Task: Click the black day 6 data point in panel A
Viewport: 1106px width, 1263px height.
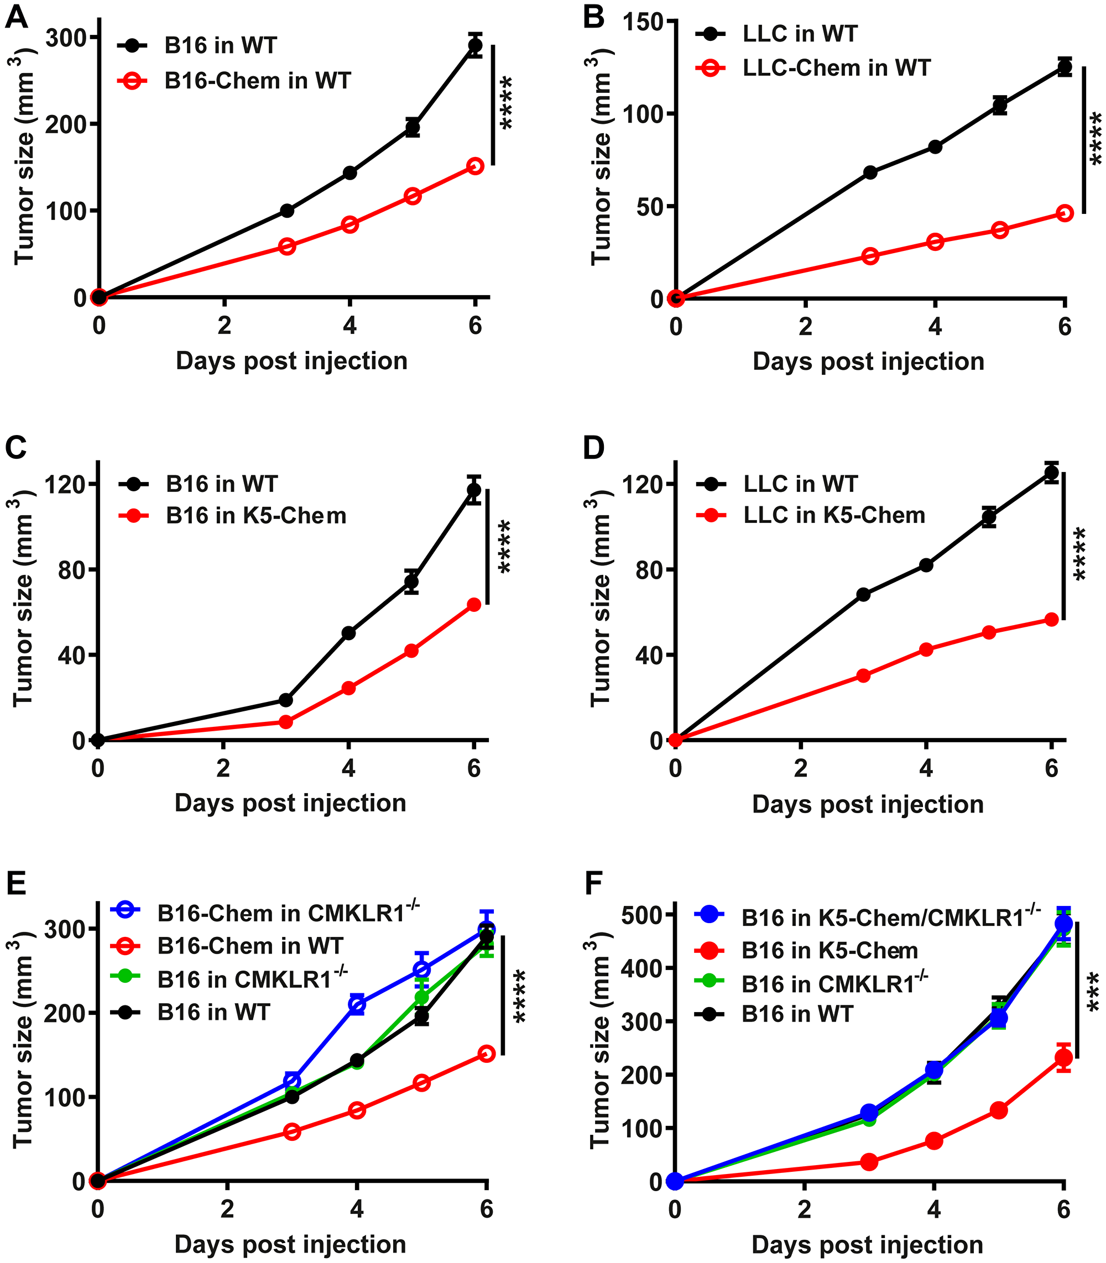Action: (x=474, y=45)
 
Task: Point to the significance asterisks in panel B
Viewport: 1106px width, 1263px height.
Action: (x=1095, y=138)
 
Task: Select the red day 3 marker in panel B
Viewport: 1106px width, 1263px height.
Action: (x=870, y=255)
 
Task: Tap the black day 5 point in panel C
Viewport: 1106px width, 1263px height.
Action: (x=411, y=581)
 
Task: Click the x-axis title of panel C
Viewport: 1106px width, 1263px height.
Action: (x=290, y=803)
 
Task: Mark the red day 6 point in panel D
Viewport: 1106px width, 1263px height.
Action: (x=1051, y=620)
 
